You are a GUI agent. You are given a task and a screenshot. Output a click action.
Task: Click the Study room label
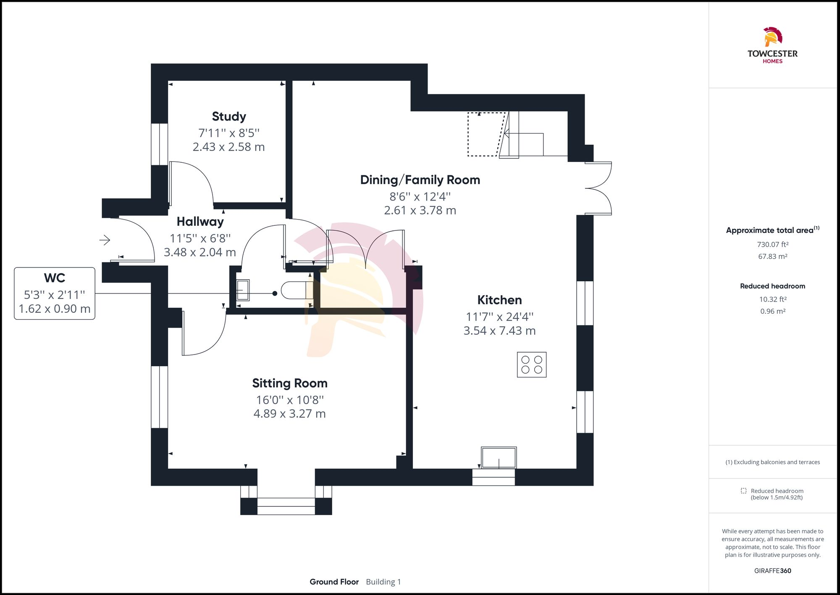[229, 116]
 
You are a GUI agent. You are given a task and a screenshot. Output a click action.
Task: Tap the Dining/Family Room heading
[420, 180]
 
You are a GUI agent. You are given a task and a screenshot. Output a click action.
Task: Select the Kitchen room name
[499, 300]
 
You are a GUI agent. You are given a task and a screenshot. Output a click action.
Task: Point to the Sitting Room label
[290, 383]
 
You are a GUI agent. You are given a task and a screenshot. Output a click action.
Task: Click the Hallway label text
[200, 221]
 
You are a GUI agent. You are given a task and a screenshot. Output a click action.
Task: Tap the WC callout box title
[55, 278]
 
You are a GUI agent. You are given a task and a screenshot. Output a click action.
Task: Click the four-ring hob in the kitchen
[532, 365]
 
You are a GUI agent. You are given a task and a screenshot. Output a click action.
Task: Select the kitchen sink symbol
[499, 457]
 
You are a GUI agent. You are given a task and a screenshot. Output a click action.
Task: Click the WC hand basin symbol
[243, 290]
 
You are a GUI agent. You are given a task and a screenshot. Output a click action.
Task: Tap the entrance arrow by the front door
[105, 240]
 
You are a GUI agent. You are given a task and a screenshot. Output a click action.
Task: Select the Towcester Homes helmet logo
[772, 37]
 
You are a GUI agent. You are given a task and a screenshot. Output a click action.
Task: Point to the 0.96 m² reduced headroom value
[772, 311]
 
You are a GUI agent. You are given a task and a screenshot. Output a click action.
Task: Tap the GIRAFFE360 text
[772, 571]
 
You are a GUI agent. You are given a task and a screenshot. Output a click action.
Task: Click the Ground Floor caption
[334, 582]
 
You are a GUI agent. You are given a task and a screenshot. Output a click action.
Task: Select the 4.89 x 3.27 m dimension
[290, 414]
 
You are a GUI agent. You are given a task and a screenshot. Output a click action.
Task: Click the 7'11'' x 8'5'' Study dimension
[229, 133]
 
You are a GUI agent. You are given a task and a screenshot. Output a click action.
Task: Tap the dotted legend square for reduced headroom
[743, 491]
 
